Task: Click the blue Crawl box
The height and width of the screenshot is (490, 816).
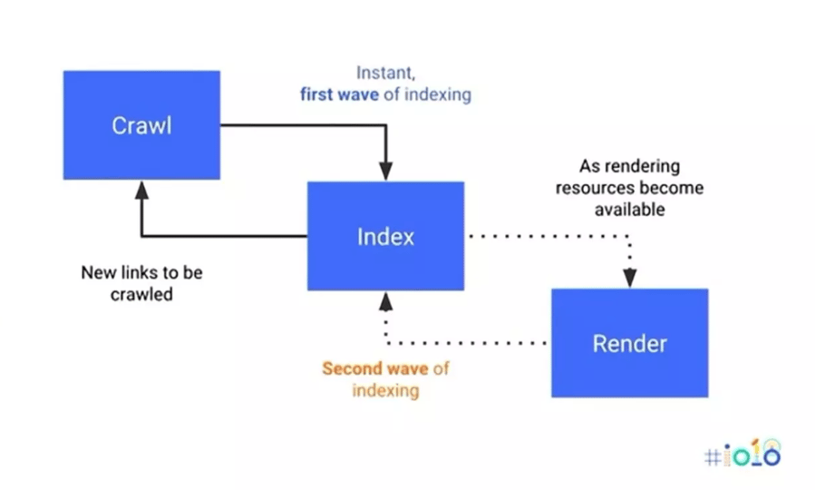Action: click(141, 124)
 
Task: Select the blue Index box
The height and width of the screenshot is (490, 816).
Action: click(385, 236)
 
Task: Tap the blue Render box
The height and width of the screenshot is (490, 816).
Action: click(629, 343)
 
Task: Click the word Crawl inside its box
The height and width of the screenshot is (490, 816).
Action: click(141, 125)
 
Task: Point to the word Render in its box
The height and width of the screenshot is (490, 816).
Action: click(629, 344)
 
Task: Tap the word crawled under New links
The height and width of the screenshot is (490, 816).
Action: click(141, 294)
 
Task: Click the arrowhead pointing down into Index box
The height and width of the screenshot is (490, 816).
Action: click(385, 171)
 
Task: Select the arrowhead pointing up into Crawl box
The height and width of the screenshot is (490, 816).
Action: click(141, 189)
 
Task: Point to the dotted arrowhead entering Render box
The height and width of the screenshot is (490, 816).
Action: click(629, 279)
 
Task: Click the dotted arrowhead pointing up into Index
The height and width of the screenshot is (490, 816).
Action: click(385, 300)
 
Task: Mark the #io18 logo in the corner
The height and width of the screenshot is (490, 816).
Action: click(742, 454)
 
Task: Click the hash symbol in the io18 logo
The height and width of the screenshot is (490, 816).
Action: click(711, 456)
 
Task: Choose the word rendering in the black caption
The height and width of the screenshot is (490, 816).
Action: click(646, 167)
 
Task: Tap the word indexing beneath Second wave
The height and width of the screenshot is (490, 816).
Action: click(385, 391)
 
